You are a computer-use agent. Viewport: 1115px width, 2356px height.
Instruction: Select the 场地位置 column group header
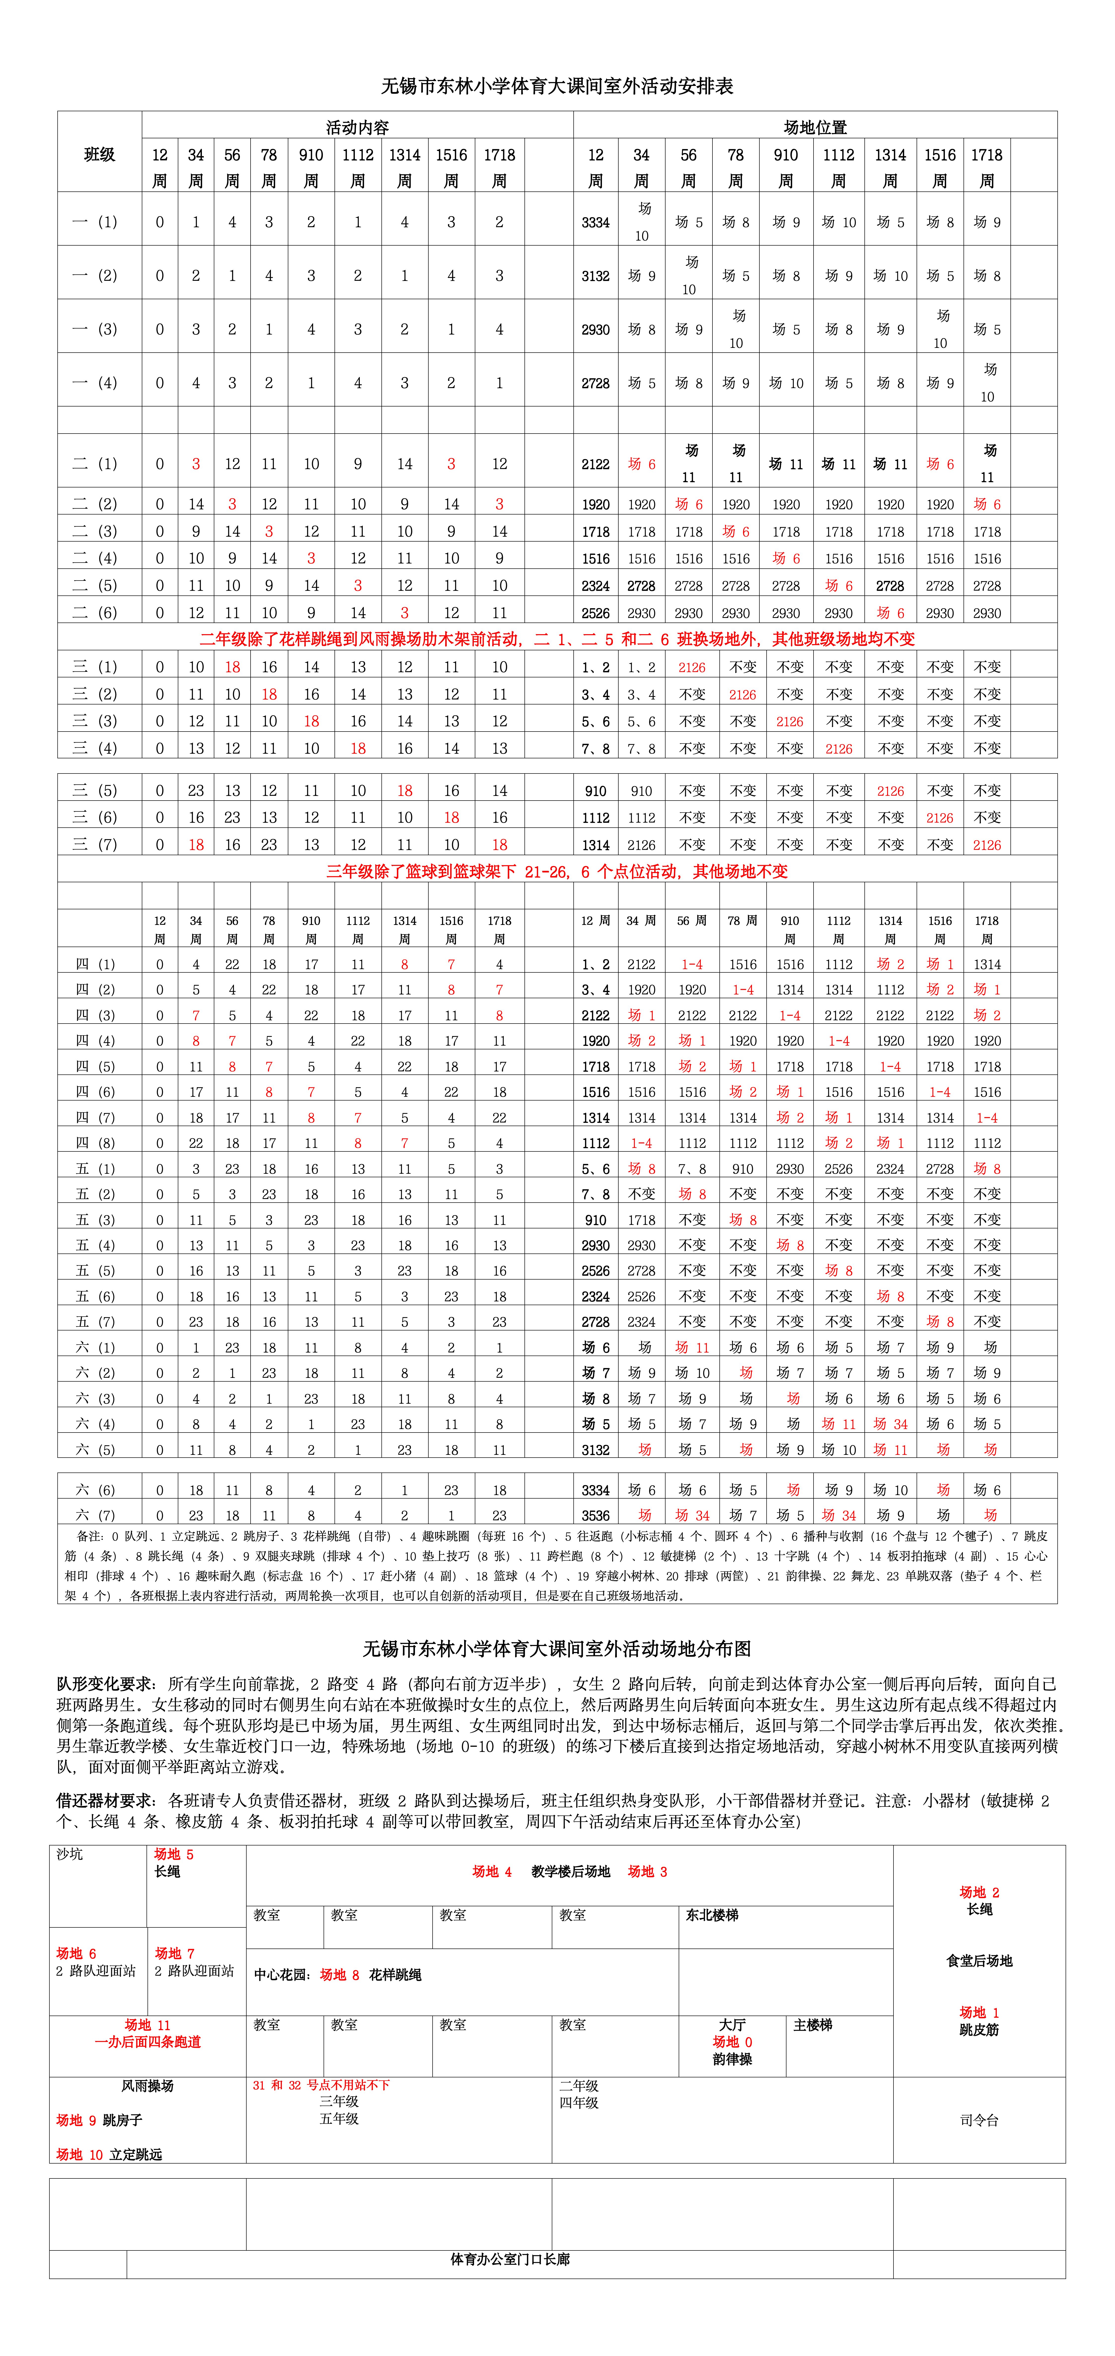point(815,127)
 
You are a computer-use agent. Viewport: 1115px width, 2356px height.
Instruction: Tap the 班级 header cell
point(100,154)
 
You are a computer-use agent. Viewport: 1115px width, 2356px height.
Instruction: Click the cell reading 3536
point(595,1515)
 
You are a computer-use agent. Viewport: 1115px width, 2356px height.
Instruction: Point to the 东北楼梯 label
point(712,1915)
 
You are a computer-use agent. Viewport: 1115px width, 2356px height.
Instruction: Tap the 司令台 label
point(979,2120)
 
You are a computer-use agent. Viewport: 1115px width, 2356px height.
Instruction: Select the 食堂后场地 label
point(979,1961)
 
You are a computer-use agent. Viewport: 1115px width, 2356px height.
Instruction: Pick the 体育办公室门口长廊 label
point(510,2259)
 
